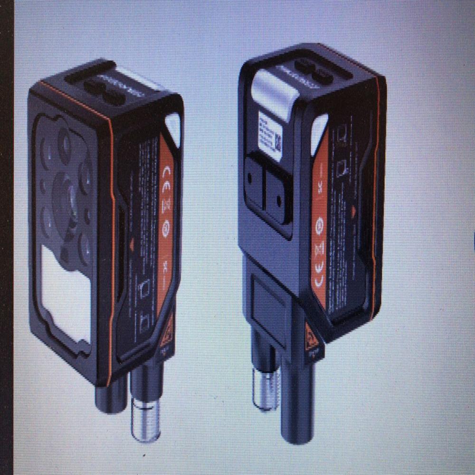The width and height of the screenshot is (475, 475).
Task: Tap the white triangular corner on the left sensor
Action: tap(173, 126)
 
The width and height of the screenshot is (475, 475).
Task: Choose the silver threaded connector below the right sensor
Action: tap(265, 387)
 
